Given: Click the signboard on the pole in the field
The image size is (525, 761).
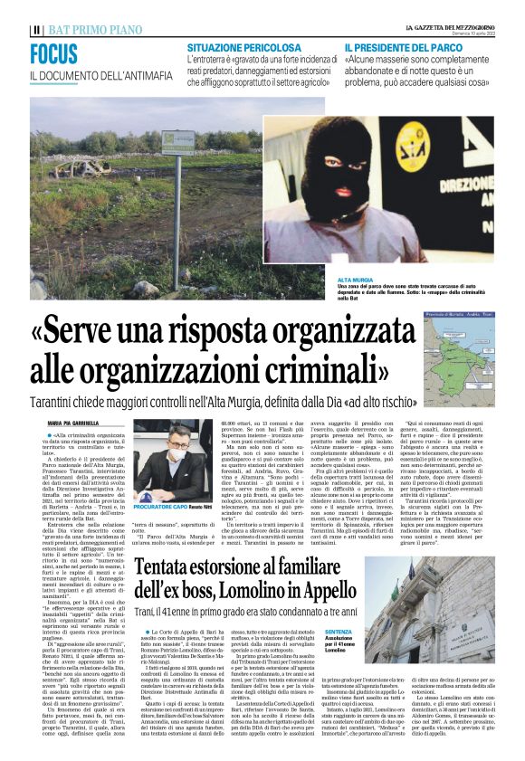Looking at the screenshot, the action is pyautogui.click(x=177, y=143).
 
